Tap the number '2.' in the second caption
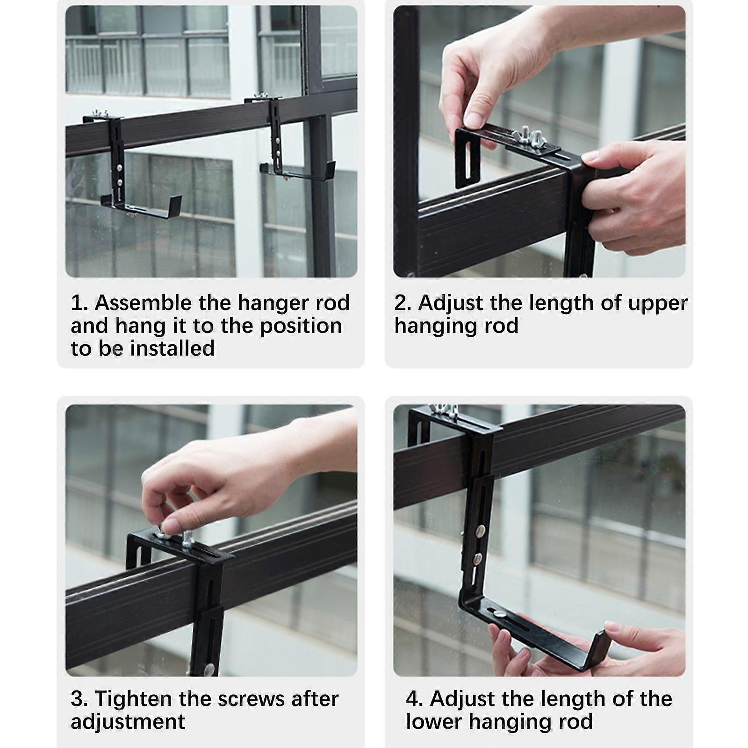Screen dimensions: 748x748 pyautogui.click(x=403, y=303)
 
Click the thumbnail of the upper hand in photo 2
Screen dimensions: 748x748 pyautogui.click(x=474, y=120)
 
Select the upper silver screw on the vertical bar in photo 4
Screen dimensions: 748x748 pyautogui.click(x=480, y=531)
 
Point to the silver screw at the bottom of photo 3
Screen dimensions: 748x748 pyautogui.click(x=209, y=669)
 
